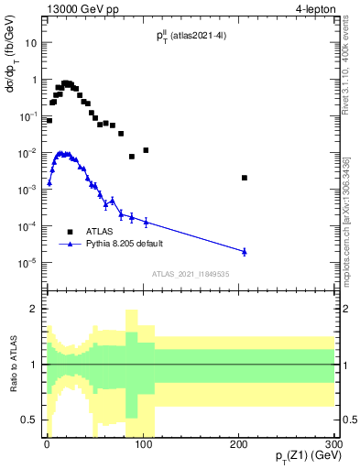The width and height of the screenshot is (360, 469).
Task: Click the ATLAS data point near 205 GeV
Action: pyautogui.click(x=244, y=178)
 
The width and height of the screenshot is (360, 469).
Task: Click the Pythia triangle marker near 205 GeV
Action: pyautogui.click(x=244, y=251)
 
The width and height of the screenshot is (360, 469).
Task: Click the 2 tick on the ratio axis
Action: pyautogui.click(x=37, y=309)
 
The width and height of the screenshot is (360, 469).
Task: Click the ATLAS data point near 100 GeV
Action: pyautogui.click(x=146, y=149)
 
